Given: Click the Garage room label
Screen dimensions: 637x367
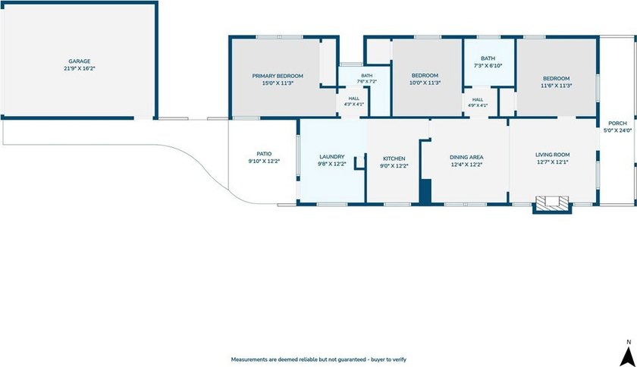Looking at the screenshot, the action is pyautogui.click(x=79, y=61).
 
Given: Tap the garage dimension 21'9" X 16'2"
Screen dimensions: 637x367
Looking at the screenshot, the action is pyautogui.click(x=79, y=69).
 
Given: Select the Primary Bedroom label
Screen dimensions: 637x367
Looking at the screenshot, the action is pyautogui.click(x=278, y=76).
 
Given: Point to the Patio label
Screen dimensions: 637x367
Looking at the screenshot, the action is pyautogui.click(x=264, y=154).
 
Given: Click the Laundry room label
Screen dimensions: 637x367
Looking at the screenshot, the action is pyautogui.click(x=332, y=157).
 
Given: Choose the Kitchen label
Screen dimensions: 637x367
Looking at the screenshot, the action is pyautogui.click(x=394, y=158).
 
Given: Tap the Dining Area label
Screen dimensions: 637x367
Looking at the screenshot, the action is pyautogui.click(x=466, y=157).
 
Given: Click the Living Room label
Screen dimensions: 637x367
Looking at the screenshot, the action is pyautogui.click(x=553, y=155).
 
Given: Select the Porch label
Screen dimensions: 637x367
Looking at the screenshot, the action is pyautogui.click(x=617, y=123).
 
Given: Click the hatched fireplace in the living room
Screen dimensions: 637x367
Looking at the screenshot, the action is pyautogui.click(x=552, y=203).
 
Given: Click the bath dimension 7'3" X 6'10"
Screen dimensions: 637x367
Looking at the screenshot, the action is pyautogui.click(x=488, y=65).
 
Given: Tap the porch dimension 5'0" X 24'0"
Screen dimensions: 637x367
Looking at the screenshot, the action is pyautogui.click(x=617, y=130).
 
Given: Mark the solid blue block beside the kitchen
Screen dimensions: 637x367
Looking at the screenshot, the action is pyautogui.click(x=425, y=191).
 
